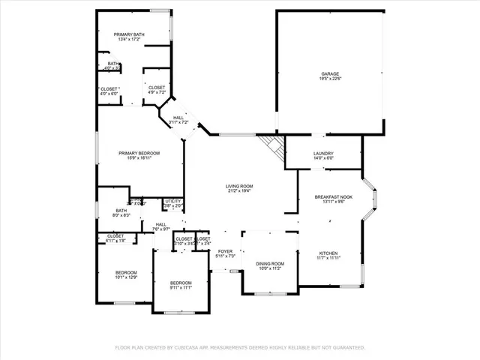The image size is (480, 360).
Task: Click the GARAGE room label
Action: click(330, 73)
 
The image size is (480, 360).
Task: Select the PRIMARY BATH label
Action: click(128, 34)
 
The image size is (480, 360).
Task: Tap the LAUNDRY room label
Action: click(322, 153)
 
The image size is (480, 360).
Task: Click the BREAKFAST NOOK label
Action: click(334, 196)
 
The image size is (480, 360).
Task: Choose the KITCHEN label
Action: click(330, 253)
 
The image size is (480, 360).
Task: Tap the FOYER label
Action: click(226, 251)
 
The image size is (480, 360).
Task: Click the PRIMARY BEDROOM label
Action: click(139, 153)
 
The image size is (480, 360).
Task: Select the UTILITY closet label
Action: click(173, 201)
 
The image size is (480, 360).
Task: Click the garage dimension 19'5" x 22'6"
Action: click(330, 79)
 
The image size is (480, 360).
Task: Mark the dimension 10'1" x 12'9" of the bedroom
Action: click(126, 277)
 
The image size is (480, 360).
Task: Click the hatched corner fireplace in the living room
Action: click(271, 145)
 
